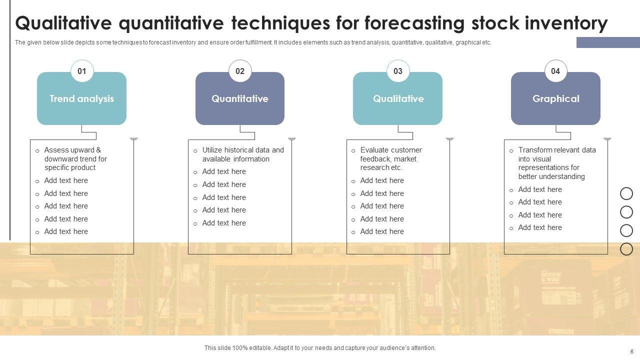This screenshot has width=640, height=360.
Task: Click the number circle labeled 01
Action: pos(82,71)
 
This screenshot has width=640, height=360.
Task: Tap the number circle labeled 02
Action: pos(240,71)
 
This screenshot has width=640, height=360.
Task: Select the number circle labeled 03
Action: pos(398,71)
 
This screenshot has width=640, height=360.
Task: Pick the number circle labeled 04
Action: pos(555,71)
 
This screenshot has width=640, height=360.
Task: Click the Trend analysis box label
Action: pos(81,98)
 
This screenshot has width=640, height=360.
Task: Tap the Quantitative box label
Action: pos(240,98)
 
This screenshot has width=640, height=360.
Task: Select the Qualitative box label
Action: pos(398,98)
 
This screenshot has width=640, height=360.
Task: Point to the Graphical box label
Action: pos(556,99)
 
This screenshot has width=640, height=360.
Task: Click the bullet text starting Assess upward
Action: pos(75,159)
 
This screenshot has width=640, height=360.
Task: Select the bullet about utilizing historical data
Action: pos(243,154)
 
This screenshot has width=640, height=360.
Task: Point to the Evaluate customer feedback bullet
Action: pos(391,159)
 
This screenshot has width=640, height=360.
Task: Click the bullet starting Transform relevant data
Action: pos(557,163)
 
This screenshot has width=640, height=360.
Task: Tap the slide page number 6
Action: pos(631,351)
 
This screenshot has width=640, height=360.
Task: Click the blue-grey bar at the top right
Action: pos(608,42)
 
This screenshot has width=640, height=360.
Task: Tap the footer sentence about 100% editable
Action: pos(320,348)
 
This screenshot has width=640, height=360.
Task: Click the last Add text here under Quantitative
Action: pos(224,223)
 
